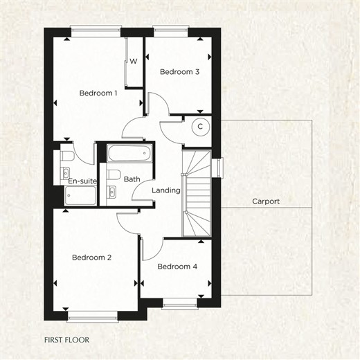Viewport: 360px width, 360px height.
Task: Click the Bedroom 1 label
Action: [98, 93]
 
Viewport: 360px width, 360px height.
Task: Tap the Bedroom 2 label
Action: [91, 258]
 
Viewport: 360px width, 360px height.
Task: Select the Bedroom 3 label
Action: [179, 72]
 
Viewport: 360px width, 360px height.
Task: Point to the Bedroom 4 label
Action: [177, 267]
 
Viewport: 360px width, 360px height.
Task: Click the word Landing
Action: [166, 190]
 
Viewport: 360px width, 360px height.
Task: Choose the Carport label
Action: [266, 201]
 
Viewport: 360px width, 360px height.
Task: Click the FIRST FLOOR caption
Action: [66, 340]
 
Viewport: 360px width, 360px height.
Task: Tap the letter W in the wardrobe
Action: [134, 61]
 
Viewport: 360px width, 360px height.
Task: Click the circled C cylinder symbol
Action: [201, 127]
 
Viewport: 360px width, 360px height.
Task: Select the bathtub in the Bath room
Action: [129, 153]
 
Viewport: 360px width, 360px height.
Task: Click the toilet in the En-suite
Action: [67, 156]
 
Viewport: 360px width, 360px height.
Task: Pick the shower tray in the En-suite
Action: [80, 195]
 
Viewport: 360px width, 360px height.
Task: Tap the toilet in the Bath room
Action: [114, 175]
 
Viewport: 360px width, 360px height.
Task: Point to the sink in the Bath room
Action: [111, 192]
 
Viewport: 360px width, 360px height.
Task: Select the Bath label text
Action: [132, 179]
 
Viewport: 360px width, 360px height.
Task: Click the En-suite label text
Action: [82, 181]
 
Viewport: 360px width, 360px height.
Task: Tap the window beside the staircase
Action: [220, 168]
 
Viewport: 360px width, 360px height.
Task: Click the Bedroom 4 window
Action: [180, 305]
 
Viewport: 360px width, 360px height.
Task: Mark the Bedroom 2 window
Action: [93, 317]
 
